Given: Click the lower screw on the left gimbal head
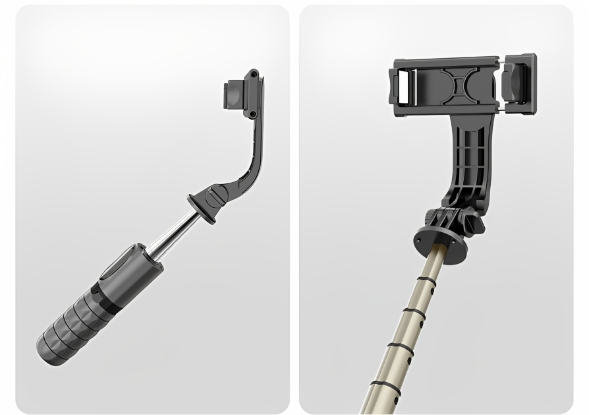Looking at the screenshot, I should pyautogui.click(x=254, y=115).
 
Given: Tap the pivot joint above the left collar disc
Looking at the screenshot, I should pyautogui.click(x=217, y=195).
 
